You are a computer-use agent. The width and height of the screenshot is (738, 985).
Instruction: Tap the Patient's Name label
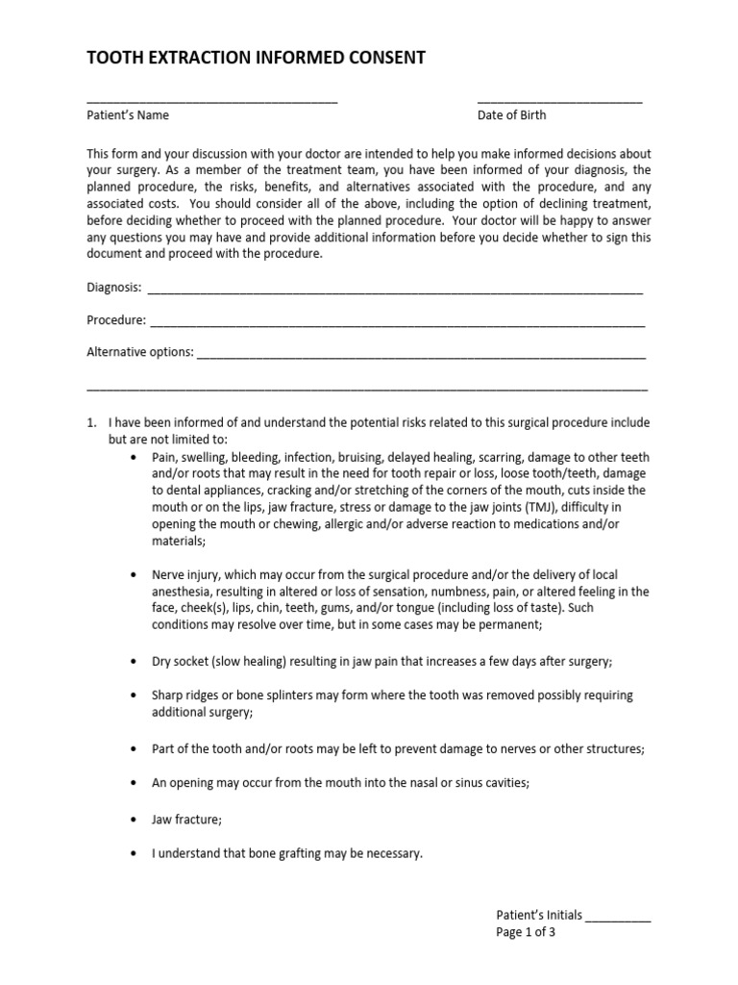(128, 115)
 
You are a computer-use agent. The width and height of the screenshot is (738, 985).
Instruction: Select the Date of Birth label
(511, 115)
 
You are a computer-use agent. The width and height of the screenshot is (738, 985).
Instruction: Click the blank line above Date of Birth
(559, 101)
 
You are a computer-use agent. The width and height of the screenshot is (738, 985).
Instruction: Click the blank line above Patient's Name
(211, 101)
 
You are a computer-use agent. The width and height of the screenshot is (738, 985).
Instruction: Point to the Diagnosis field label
(114, 288)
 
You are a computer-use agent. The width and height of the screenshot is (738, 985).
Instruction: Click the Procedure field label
(116, 320)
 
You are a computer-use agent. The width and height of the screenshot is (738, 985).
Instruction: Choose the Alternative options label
(140, 352)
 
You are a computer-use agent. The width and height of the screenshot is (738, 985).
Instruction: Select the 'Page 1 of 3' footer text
(526, 932)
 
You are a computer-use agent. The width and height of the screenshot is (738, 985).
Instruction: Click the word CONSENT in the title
(382, 59)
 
